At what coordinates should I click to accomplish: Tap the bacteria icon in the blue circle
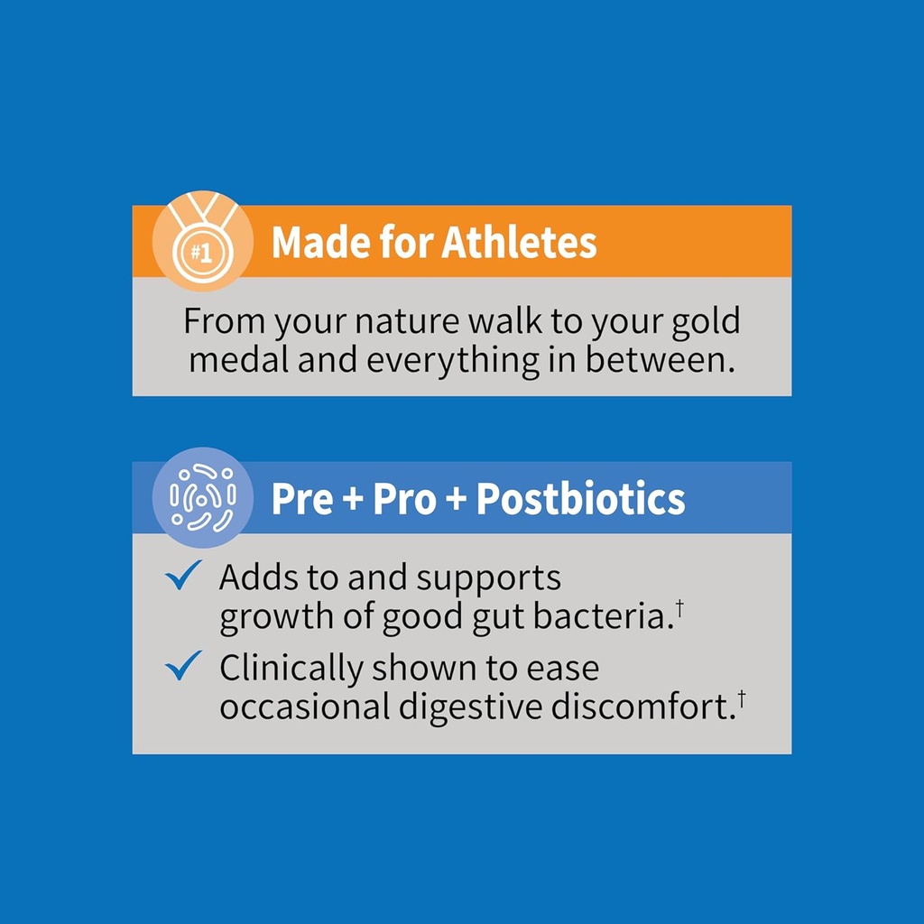202,497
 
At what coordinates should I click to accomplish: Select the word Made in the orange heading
313,243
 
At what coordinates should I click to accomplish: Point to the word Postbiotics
580,499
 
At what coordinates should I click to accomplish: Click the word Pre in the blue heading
302,499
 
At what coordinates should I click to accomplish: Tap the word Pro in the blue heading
404,499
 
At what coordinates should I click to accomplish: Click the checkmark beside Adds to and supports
183,577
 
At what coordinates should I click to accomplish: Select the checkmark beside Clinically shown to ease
183,667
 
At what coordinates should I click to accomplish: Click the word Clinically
291,670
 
